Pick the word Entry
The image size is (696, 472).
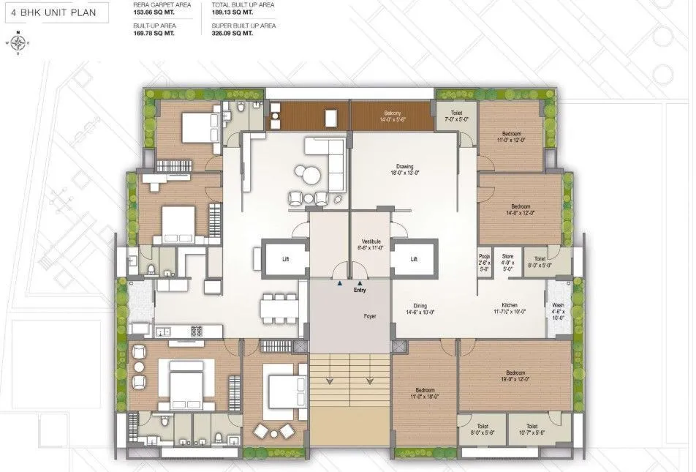(359, 291)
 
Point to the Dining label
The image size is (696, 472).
(420, 307)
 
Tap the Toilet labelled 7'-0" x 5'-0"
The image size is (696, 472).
(456, 116)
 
